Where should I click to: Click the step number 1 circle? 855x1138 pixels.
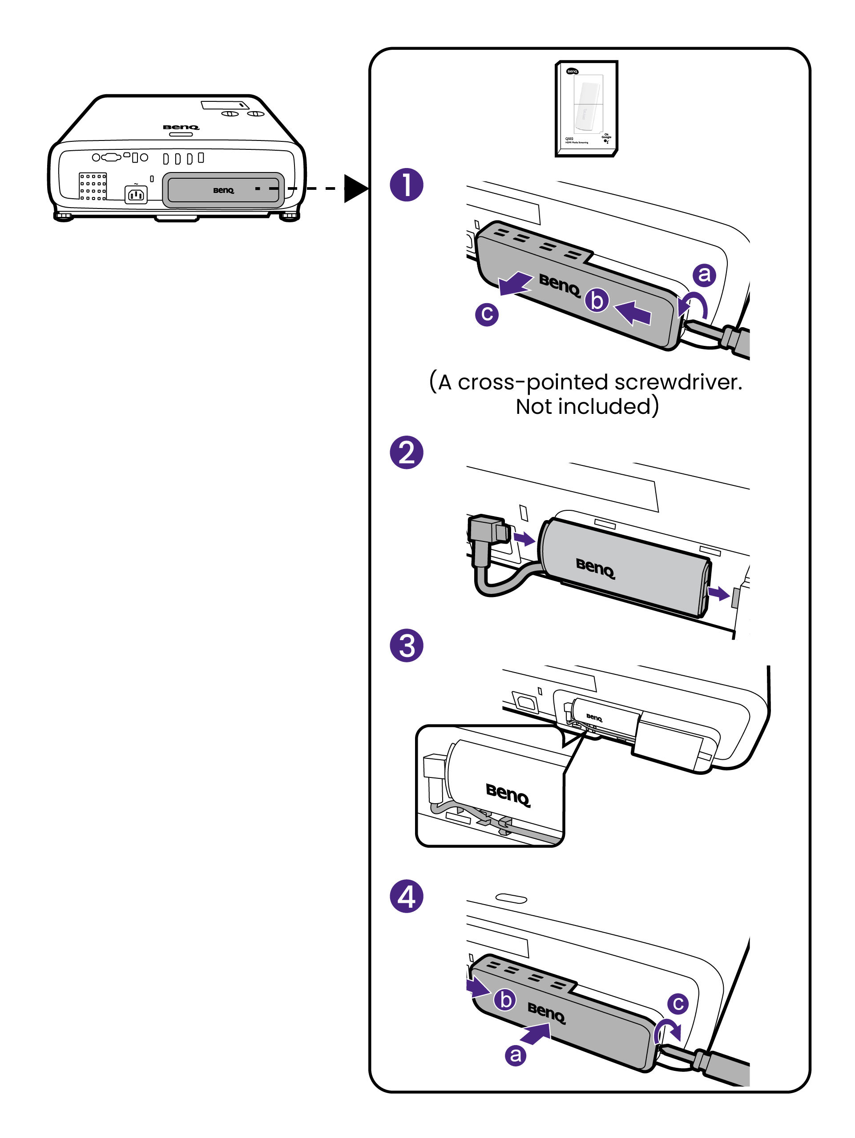tap(406, 184)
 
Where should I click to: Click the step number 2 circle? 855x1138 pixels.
tap(406, 452)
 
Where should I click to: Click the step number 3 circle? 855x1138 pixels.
tap(406, 645)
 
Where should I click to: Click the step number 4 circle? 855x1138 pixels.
tap(406, 896)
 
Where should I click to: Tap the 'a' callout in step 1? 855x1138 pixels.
tap(704, 275)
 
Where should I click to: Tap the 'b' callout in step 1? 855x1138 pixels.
tap(597, 301)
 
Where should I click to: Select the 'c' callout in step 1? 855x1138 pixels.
tap(486, 314)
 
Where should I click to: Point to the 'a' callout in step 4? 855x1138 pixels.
tap(515, 1055)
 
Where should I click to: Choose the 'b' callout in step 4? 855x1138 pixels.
tap(505, 1000)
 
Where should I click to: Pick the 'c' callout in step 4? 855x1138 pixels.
tap(678, 1003)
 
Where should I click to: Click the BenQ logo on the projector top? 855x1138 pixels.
tap(181, 127)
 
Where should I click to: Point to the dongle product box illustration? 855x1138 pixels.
tap(586, 108)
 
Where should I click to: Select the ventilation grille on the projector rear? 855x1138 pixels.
tap(93, 186)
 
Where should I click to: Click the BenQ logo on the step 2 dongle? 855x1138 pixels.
tap(595, 569)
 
